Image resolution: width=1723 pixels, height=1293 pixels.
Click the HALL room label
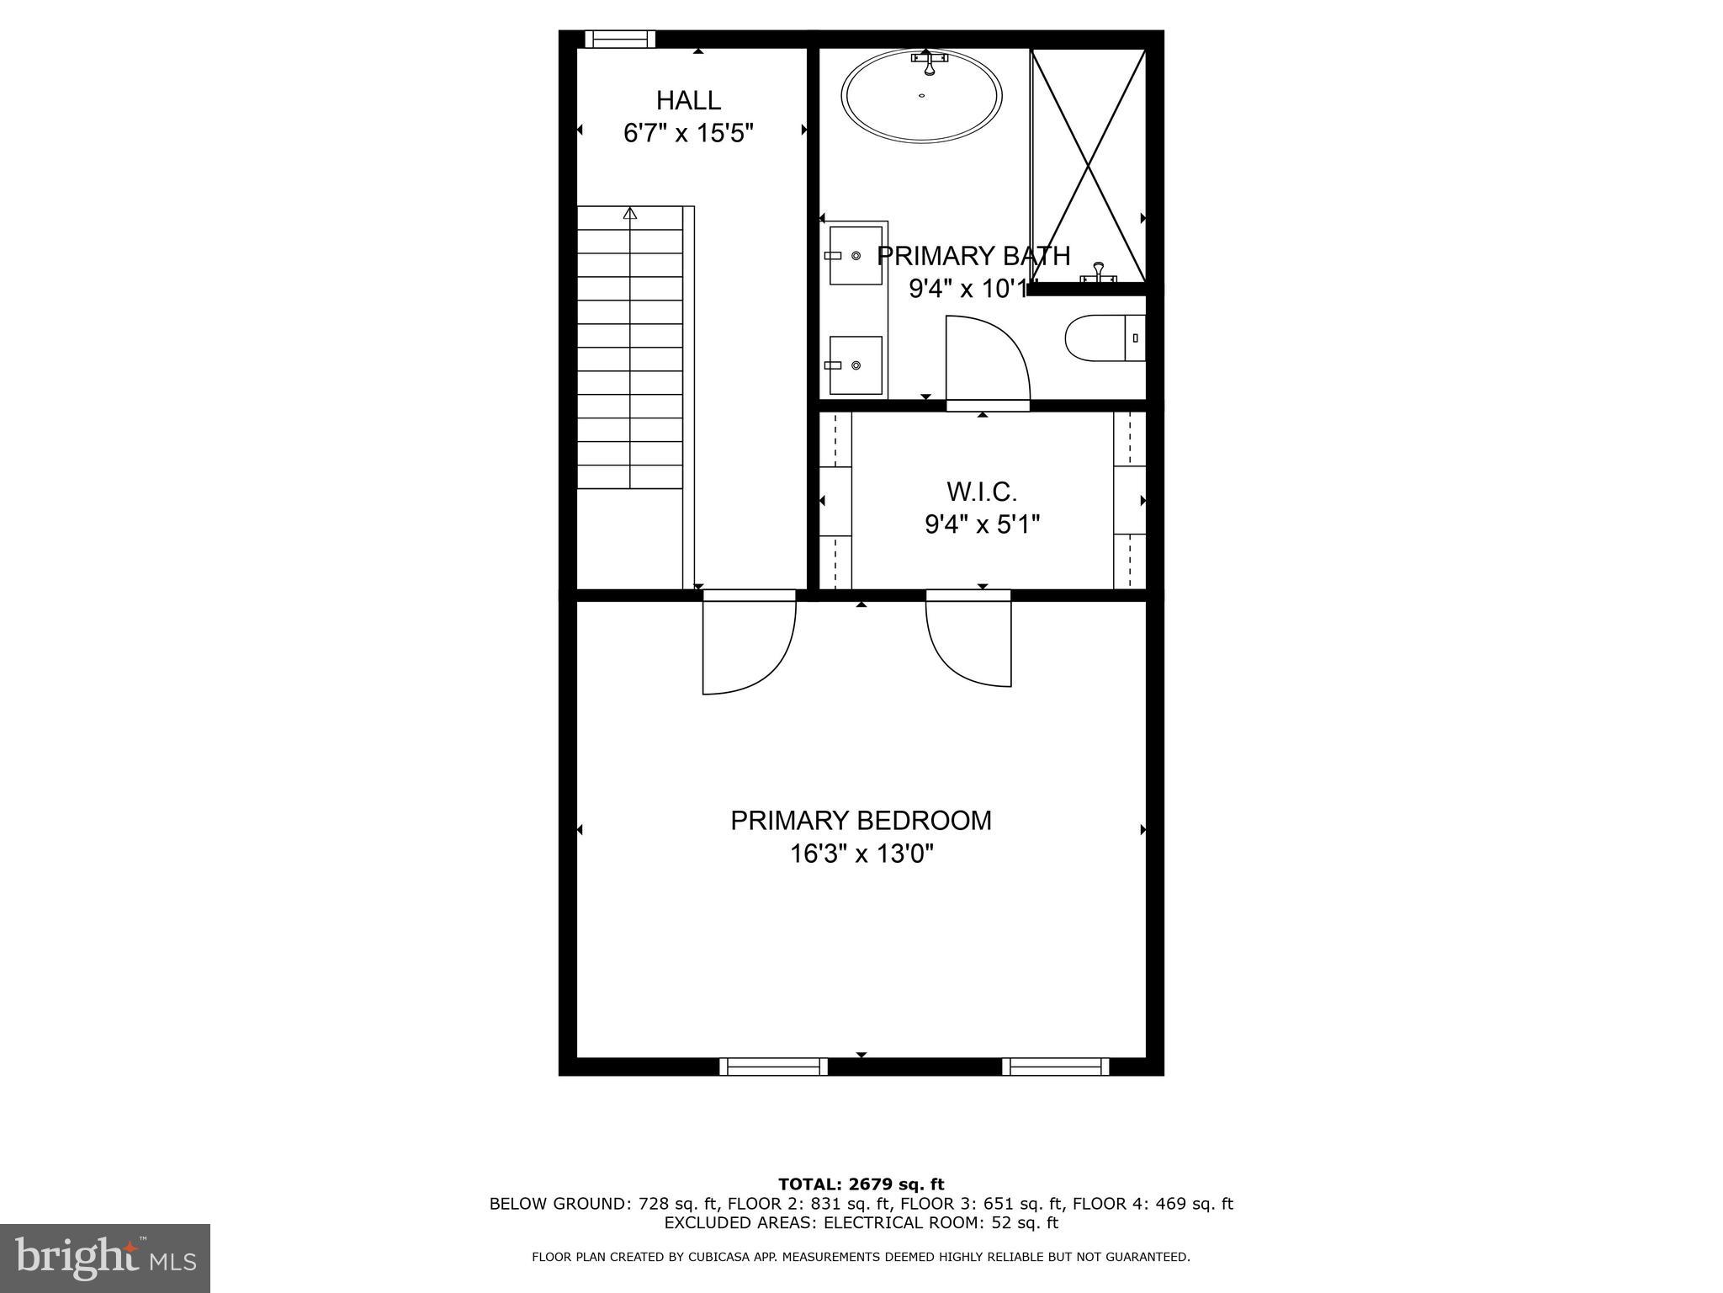(x=688, y=101)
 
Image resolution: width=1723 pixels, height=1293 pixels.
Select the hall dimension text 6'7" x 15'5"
(x=688, y=134)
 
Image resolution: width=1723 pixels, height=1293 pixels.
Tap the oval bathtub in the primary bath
(x=922, y=95)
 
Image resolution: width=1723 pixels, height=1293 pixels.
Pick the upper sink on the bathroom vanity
(x=856, y=255)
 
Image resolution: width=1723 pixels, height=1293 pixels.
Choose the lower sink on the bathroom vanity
(x=856, y=364)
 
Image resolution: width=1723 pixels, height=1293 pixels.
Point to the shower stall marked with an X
(x=1089, y=165)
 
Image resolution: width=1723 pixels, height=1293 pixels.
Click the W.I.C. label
(x=982, y=492)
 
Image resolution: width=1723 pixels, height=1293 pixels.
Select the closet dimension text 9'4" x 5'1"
(x=982, y=525)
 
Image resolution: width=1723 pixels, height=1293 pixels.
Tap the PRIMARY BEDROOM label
(x=861, y=821)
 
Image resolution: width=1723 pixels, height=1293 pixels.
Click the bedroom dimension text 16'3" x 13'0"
(x=861, y=854)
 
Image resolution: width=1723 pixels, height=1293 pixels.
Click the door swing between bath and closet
(x=986, y=360)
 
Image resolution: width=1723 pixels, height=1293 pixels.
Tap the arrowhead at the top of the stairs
(x=630, y=213)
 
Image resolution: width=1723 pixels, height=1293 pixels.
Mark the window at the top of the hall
(x=620, y=39)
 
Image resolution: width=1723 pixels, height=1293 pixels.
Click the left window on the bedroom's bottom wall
(x=773, y=1067)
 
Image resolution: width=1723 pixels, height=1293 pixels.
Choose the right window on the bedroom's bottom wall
(x=1056, y=1067)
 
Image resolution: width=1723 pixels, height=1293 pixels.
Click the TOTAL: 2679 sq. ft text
(x=861, y=1184)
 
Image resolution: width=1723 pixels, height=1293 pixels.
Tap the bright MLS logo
(x=105, y=1258)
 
